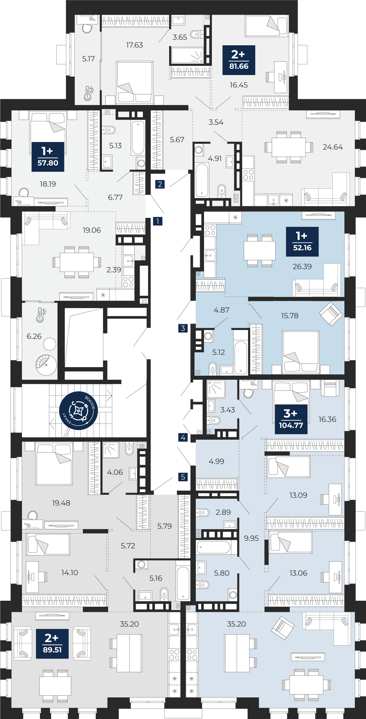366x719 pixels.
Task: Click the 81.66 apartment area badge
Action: (x=239, y=60)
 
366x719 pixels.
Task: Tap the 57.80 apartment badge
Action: (x=48, y=157)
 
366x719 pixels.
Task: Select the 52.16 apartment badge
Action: (x=302, y=242)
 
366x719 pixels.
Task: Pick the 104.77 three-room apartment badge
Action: (x=291, y=419)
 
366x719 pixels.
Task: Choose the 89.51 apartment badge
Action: (x=52, y=644)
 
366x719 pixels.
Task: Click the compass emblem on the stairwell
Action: (x=78, y=411)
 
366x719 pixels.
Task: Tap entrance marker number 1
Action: (x=158, y=221)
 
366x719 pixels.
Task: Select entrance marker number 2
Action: (x=160, y=184)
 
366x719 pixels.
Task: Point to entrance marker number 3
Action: (x=183, y=328)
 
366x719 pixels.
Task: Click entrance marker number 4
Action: (x=183, y=438)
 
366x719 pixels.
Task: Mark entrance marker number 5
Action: (x=183, y=477)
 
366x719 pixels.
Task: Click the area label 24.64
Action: (x=333, y=147)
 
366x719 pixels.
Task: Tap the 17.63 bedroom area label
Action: (x=134, y=45)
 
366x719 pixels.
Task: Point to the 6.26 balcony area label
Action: (x=34, y=336)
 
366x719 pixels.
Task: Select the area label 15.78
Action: (x=290, y=316)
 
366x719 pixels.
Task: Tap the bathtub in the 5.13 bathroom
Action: (x=138, y=138)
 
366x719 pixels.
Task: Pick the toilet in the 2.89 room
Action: (x=203, y=512)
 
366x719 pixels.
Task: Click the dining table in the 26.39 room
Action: (x=259, y=251)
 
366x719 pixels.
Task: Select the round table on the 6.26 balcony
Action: (x=50, y=344)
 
